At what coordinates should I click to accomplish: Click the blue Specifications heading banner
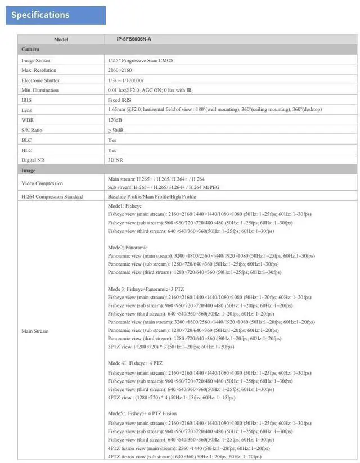click(x=56, y=15)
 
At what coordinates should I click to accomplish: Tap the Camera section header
click(x=30, y=50)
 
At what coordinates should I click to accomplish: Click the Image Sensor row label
click(x=36, y=60)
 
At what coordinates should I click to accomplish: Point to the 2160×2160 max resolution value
click(x=119, y=70)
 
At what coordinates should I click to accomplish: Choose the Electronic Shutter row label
click(x=40, y=80)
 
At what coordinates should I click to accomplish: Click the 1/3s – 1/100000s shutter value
click(x=125, y=80)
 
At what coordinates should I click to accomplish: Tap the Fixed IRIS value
click(x=120, y=100)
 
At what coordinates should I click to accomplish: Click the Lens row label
click(x=26, y=110)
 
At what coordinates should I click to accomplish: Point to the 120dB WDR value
click(x=115, y=120)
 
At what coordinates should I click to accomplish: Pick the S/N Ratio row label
click(x=32, y=131)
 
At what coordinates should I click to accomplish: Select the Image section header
click(x=29, y=170)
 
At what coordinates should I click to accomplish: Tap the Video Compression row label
click(x=42, y=183)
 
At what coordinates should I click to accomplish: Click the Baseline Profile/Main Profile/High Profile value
click(x=152, y=197)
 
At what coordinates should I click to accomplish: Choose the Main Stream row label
click(x=35, y=331)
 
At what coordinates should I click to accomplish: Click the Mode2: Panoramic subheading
click(x=128, y=248)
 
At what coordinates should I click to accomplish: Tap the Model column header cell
click(x=61, y=39)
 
